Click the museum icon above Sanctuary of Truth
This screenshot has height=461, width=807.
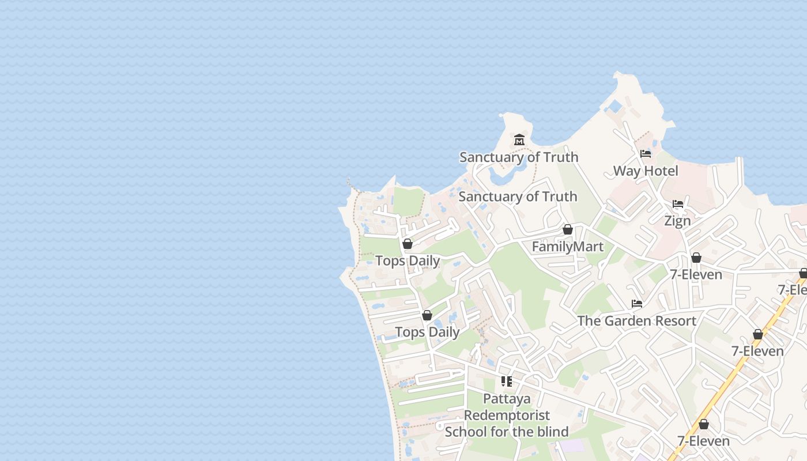519,140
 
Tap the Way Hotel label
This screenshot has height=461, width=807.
645,171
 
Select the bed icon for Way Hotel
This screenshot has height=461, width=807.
646,154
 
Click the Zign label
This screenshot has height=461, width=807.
677,221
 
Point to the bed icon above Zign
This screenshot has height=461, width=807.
678,204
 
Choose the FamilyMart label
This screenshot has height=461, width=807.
567,247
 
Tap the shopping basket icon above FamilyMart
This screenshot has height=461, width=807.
568,229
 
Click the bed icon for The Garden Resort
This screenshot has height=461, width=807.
637,304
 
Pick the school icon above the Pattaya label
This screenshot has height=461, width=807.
507,381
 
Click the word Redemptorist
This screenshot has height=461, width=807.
507,415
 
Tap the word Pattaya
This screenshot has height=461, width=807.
507,399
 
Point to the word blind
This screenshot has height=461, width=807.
552,432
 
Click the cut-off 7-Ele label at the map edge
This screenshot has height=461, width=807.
793,290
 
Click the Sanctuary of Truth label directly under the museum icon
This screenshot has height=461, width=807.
518,157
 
